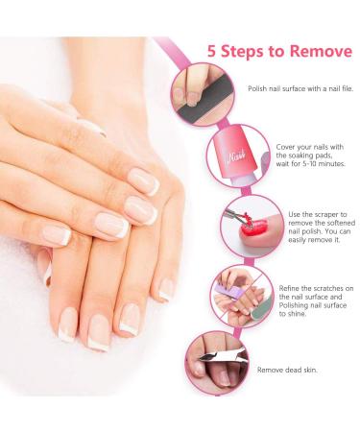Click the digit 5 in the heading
coord(211,51)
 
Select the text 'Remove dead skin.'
coord(287,370)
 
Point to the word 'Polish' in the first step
coord(257,88)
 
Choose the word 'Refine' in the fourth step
coord(289,288)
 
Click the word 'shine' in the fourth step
coord(297,314)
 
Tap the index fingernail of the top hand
coord(144,181)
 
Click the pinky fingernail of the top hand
coord(58,235)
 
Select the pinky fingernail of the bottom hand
coord(166,289)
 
